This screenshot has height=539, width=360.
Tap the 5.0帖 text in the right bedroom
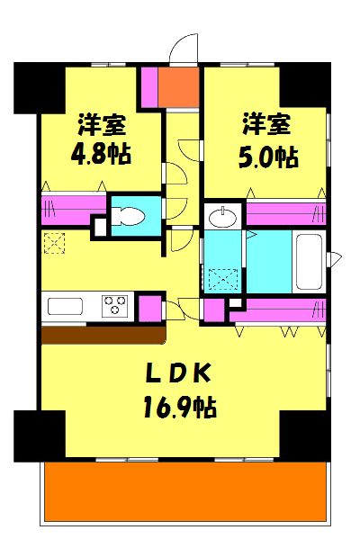coord(268,157)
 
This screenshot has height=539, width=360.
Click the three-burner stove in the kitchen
coord(113,305)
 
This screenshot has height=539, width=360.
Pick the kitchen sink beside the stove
coord(65,306)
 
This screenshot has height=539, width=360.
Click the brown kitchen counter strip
coord(103,335)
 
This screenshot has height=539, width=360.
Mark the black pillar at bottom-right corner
coord(304,436)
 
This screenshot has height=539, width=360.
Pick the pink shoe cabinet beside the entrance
coord(148,86)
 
